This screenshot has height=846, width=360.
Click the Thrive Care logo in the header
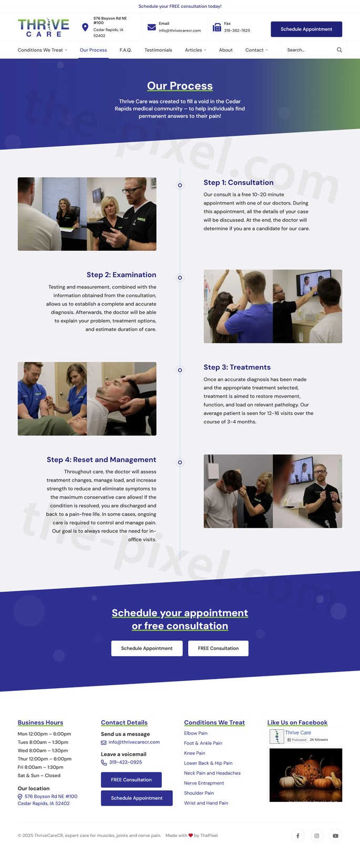tap(44, 28)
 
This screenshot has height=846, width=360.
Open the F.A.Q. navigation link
tap(126, 50)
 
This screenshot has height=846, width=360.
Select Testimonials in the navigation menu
tap(158, 50)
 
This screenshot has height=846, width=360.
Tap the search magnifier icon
tap(340, 50)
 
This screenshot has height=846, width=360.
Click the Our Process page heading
tap(180, 86)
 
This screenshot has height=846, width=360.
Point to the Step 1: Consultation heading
tap(238, 182)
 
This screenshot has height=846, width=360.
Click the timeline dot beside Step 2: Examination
tap(180, 278)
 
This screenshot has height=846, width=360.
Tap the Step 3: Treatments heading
tap(237, 367)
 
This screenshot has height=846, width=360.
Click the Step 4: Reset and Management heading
tap(101, 460)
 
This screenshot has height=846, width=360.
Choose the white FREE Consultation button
tap(218, 648)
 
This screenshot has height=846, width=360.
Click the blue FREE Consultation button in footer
tap(131, 780)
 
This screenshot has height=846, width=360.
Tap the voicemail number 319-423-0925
tap(125, 762)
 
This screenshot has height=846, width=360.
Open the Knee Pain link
tap(194, 753)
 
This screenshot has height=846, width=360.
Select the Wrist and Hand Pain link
tap(206, 803)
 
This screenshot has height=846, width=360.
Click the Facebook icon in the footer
tap(298, 835)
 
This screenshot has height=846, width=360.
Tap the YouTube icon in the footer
tap(335, 835)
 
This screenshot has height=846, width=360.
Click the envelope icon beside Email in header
tap(151, 27)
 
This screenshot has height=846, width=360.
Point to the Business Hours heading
tap(40, 722)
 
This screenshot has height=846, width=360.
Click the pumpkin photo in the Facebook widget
tap(305, 775)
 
